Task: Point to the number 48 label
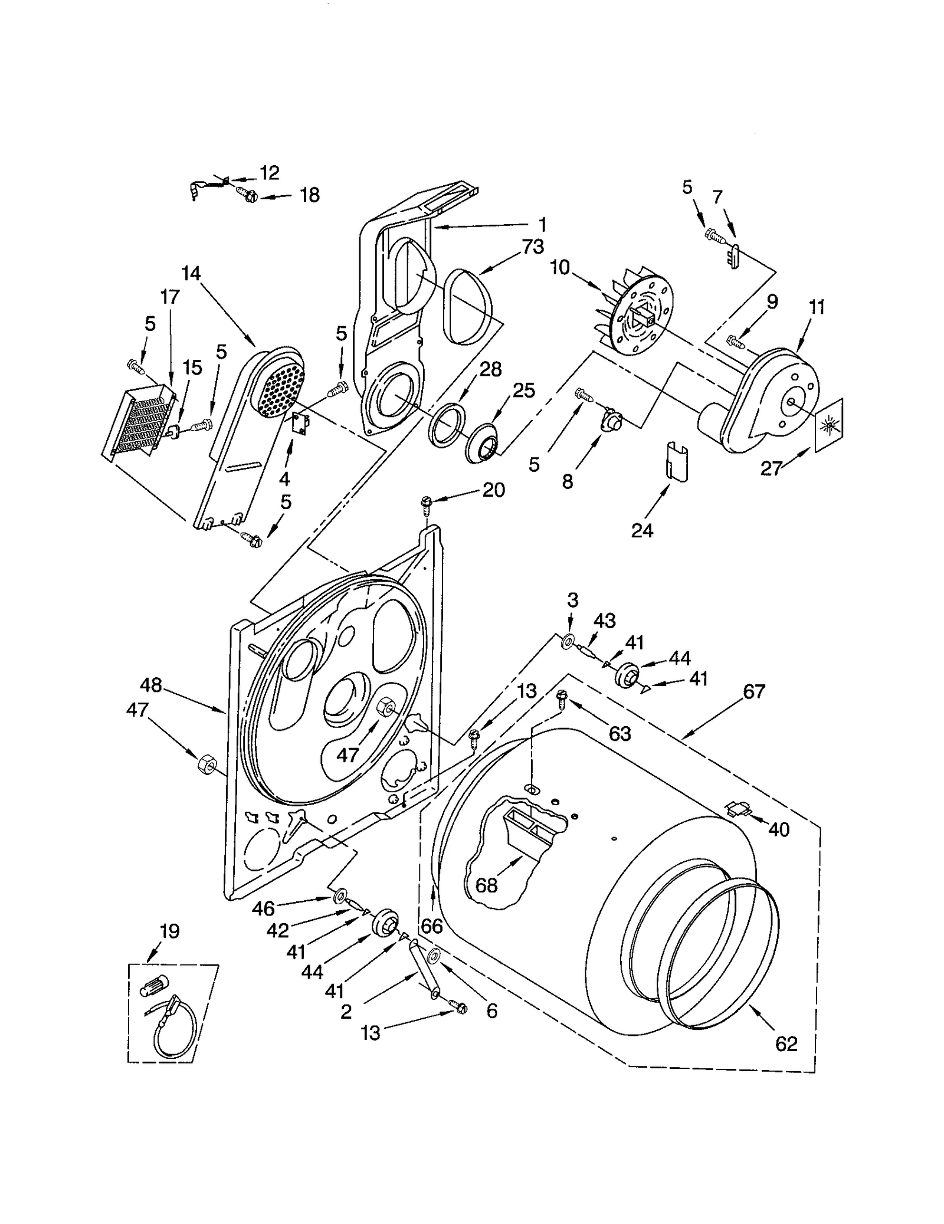point(151,685)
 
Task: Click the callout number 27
point(771,468)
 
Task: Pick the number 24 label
point(642,531)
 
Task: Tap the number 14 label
point(191,274)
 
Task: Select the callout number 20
point(494,490)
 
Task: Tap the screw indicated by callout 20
point(427,503)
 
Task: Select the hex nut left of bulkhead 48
point(206,764)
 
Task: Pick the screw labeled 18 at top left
point(247,193)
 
